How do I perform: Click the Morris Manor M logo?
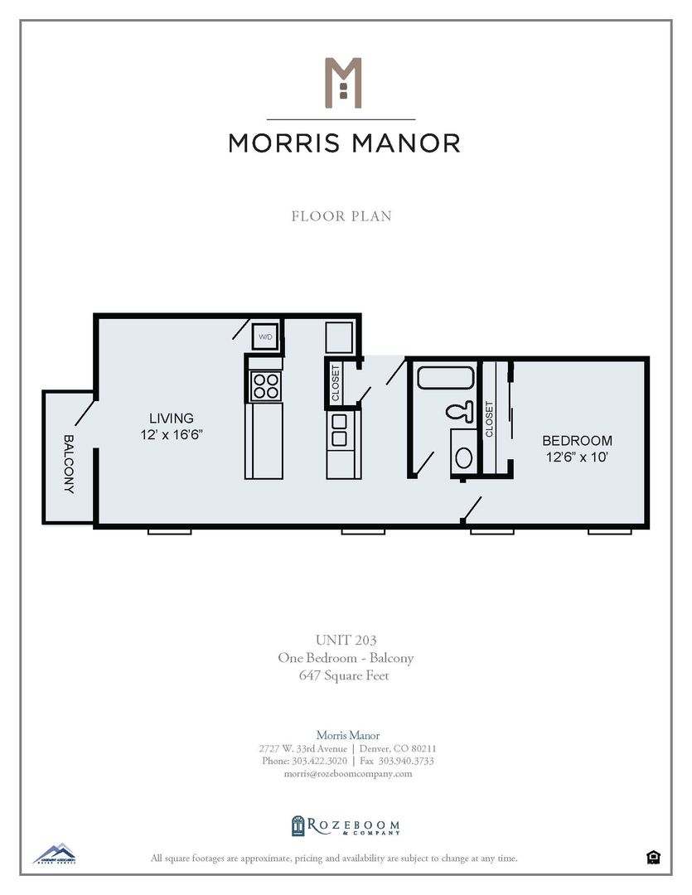[x=343, y=82]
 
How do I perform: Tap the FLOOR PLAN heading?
[x=341, y=216]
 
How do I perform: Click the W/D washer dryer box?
[x=266, y=336]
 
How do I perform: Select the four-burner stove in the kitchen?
[x=266, y=385]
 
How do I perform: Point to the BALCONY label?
[x=69, y=464]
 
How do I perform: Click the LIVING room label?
[x=172, y=418]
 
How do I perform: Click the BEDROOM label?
[x=577, y=441]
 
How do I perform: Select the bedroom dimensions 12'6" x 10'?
[x=577, y=457]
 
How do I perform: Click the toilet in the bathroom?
[x=457, y=411]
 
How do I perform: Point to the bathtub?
[x=445, y=379]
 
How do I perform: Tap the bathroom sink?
[x=463, y=457]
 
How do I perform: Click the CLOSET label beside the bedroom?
[x=489, y=419]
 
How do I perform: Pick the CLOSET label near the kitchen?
[x=336, y=383]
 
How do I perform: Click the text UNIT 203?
[x=345, y=641]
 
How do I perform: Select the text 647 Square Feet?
[x=345, y=675]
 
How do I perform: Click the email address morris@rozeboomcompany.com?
[x=348, y=773]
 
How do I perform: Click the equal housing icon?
[x=653, y=857]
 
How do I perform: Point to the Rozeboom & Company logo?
[x=346, y=826]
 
